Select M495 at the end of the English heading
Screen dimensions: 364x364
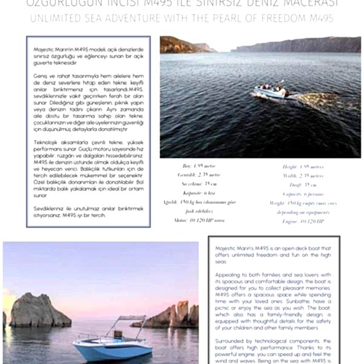320,19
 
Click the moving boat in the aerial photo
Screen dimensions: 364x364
271,91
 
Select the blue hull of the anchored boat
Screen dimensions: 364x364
112,350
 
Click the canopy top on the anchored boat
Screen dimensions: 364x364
132,318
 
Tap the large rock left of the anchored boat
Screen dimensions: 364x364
40,311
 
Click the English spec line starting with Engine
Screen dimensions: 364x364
303,221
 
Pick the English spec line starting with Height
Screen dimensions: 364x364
303,166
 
